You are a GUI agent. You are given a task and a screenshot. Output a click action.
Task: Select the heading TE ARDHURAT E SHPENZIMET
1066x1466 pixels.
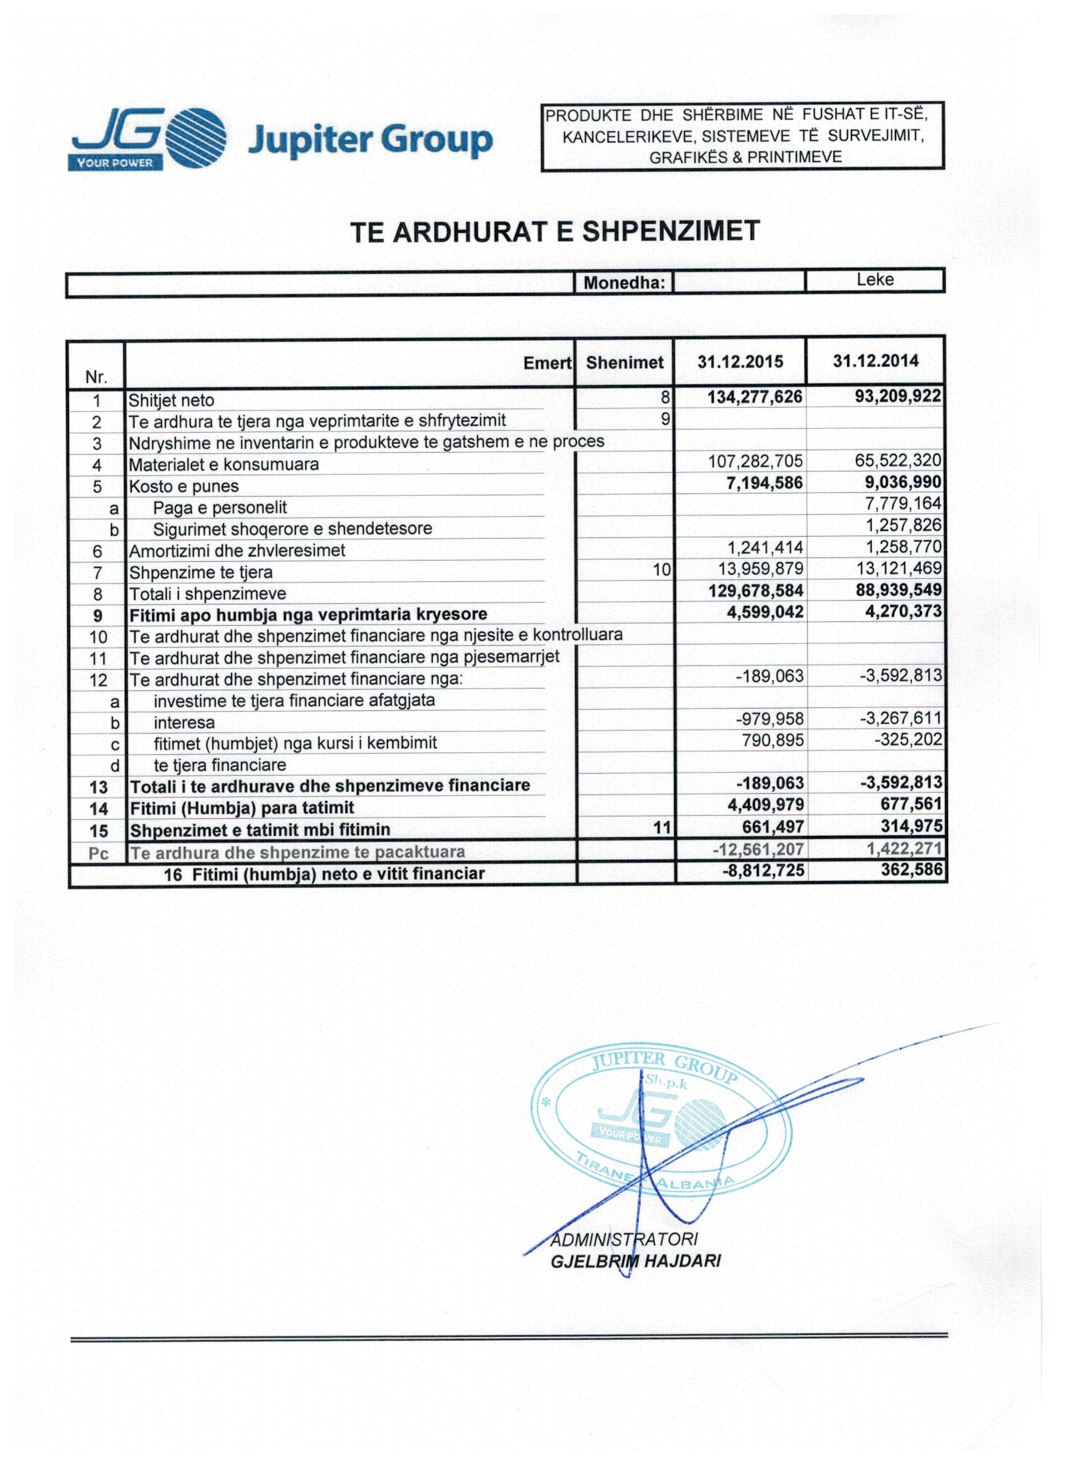(556, 231)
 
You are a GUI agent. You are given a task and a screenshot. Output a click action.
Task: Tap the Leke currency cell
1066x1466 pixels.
(875, 280)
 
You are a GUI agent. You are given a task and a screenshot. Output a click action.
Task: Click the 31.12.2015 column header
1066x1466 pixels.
(740, 361)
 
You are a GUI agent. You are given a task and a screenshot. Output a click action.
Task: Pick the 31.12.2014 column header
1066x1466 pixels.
(875, 361)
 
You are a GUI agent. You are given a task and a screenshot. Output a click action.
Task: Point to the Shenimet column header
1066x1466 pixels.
(625, 362)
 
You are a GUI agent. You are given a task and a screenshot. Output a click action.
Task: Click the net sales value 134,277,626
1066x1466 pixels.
(754, 396)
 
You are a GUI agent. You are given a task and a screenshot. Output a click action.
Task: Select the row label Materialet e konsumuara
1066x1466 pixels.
(224, 464)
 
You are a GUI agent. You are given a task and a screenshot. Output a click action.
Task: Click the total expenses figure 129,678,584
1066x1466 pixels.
(756, 590)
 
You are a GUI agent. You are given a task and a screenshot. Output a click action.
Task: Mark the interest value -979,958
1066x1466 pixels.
(769, 718)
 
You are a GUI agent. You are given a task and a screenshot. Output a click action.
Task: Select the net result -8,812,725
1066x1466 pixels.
(763, 870)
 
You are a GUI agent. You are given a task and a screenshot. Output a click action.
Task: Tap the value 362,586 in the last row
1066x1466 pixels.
(911, 870)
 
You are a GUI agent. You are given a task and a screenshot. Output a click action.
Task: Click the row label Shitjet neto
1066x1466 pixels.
(171, 401)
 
